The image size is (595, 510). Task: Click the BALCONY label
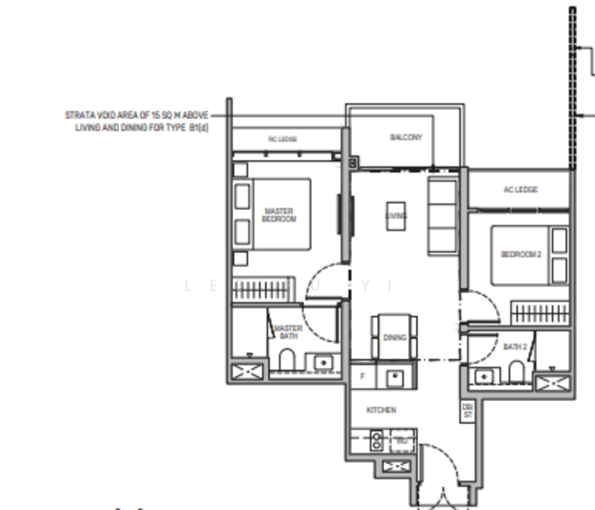pyautogui.click(x=405, y=137)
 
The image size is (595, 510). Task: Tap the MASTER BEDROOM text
pyautogui.click(x=280, y=215)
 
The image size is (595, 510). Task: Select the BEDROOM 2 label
pyautogui.click(x=520, y=254)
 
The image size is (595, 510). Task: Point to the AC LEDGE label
pyautogui.click(x=519, y=190)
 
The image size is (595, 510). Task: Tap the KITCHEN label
pyautogui.click(x=381, y=410)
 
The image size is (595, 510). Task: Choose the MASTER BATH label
pyautogui.click(x=287, y=332)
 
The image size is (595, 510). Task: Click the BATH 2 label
pyautogui.click(x=515, y=347)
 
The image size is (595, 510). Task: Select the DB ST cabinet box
pyautogui.click(x=467, y=411)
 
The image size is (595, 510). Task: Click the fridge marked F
pyautogui.click(x=363, y=375)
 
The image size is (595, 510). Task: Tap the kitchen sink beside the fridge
pyautogui.click(x=394, y=377)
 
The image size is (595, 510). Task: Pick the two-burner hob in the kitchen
pyautogui.click(x=376, y=440)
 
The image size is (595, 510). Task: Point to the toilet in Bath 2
pyautogui.click(x=515, y=371)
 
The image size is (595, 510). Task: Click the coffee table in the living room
pyautogui.click(x=395, y=215)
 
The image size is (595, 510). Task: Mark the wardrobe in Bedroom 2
pyautogui.click(x=538, y=311)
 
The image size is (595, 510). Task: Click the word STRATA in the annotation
pyautogui.click(x=78, y=114)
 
